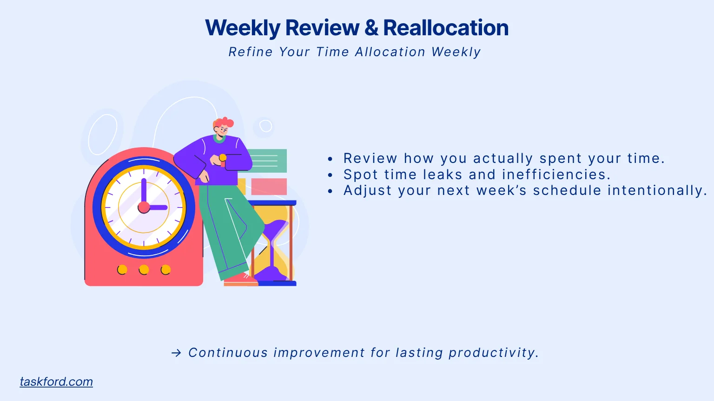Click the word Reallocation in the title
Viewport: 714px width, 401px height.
[446, 28]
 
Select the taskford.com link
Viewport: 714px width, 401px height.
[56, 382]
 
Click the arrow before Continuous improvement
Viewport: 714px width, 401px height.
[176, 353]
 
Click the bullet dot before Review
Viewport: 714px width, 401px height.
[330, 159]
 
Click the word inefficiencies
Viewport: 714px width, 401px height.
[555, 175]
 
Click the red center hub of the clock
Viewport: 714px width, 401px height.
[144, 207]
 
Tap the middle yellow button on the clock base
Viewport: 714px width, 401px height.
[144, 270]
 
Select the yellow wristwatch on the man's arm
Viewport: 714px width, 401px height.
[223, 158]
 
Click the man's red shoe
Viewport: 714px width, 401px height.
[240, 280]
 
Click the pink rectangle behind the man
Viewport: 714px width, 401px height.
[269, 187]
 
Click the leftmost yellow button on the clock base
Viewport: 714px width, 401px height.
[122, 270]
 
